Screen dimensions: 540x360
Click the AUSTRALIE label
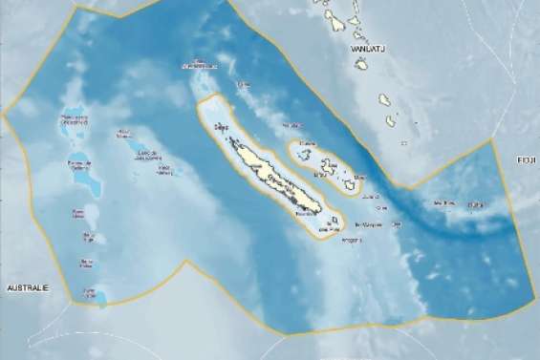[28, 287]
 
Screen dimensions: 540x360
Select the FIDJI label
[528, 160]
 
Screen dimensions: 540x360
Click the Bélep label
[222, 124]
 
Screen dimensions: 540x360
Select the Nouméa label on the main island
[303, 215]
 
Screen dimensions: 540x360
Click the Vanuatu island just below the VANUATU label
[362, 65]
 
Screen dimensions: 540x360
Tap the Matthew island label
[443, 202]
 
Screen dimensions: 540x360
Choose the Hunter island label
[474, 204]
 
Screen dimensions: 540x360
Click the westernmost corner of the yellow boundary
[4, 115]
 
